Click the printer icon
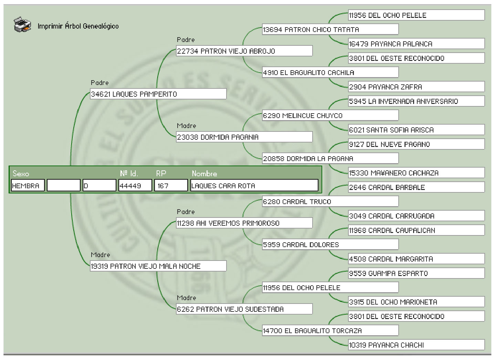(22, 25)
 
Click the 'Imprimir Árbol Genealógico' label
(78, 26)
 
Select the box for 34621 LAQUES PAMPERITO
(158, 94)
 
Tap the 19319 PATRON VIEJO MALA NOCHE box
(158, 266)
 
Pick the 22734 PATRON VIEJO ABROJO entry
(244, 51)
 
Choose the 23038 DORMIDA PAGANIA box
(244, 137)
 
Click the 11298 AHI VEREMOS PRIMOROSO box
(244, 223)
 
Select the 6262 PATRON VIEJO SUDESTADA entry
(244, 309)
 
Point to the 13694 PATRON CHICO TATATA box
(330, 30)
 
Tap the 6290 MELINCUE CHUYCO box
(330, 116)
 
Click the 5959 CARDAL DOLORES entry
(330, 245)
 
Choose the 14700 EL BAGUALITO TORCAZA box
(330, 331)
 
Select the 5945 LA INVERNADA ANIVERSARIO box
(416, 101)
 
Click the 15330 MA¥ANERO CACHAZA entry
(416, 173)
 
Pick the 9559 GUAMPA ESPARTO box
(416, 273)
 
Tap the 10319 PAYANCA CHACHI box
(416, 345)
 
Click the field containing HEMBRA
(28, 186)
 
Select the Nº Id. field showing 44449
(135, 186)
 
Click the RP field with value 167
(171, 186)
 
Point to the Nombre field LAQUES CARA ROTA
(254, 186)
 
